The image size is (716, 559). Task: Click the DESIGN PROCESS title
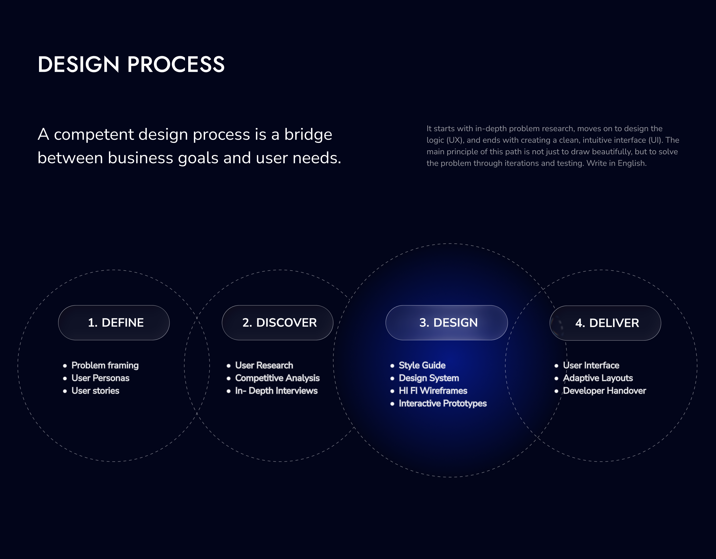(131, 64)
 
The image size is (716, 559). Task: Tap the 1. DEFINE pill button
(114, 323)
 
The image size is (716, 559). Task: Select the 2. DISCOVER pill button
(277, 323)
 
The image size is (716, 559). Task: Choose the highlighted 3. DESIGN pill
(447, 323)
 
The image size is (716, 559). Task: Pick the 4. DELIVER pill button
(605, 323)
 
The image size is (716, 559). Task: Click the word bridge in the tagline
(308, 135)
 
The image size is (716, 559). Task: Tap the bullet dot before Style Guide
(392, 366)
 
